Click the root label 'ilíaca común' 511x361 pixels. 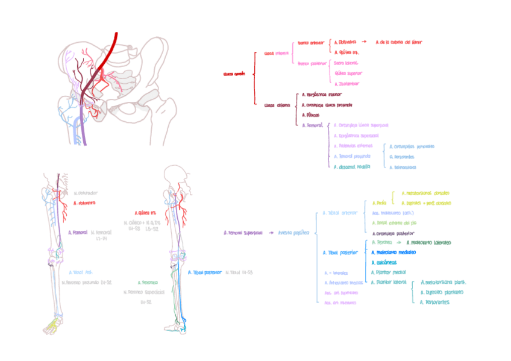pyautogui.click(x=234, y=74)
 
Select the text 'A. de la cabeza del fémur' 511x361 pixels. pyautogui.click(x=398, y=42)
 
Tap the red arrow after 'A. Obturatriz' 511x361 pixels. pyautogui.click(x=363, y=42)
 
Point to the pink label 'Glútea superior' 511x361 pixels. pyautogui.click(x=348, y=73)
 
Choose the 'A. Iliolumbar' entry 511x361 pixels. pyautogui.click(x=346, y=83)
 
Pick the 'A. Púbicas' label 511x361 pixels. pyautogui.click(x=310, y=115)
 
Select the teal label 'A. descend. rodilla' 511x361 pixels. pyautogui.click(x=352, y=166)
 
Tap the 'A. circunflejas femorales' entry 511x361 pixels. pyautogui.click(x=412, y=146)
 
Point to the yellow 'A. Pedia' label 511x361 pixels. pyautogui.click(x=378, y=203)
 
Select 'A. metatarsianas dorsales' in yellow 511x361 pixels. pyautogui.click(x=424, y=193)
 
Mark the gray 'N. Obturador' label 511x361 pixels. pyautogui.click(x=86, y=193)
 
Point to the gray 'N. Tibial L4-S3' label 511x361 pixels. pyautogui.click(x=239, y=272)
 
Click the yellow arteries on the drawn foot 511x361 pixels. pyautogui.click(x=51, y=325)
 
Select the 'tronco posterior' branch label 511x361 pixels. pyautogui.click(x=311, y=63)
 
